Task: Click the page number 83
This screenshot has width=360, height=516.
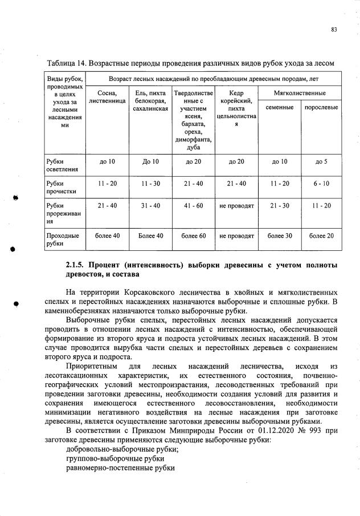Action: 334,30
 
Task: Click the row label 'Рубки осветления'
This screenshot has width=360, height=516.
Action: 58,165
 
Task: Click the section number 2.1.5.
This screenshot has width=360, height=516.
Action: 75,266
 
